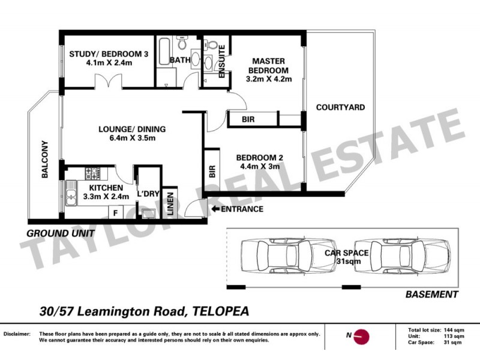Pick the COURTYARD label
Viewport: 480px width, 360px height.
tap(340, 108)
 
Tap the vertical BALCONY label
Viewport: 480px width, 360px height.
tap(44, 160)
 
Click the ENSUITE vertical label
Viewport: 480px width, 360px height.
tap(221, 62)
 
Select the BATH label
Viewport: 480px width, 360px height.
tap(180, 60)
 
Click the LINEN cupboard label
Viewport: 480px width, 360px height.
tap(170, 202)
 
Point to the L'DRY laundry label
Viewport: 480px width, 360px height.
tap(147, 194)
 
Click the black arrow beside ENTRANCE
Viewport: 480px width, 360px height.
tap(216, 209)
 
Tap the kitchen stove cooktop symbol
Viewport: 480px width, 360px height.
tap(92, 174)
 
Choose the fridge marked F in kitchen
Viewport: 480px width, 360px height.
tap(115, 212)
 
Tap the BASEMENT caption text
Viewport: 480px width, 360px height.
tap(432, 295)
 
